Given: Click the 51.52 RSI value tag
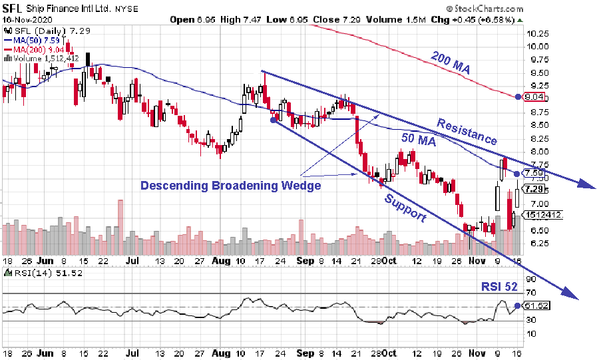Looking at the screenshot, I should coord(536,305).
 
